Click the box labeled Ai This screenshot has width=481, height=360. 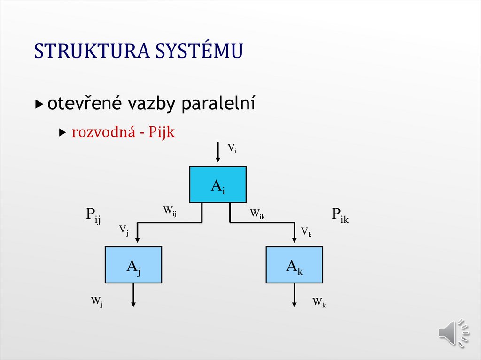pos(217,184)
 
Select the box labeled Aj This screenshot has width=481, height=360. pos(133,265)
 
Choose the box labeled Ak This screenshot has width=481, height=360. pos(294,265)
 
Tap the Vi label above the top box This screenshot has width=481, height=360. pos(232,149)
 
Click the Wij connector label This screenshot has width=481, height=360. pos(170,212)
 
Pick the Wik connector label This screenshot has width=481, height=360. pos(257,214)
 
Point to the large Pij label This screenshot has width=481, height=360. pos(93,215)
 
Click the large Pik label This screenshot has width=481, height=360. pos(340,215)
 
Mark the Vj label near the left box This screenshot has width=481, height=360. pos(124,230)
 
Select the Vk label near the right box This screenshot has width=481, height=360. pos(306,231)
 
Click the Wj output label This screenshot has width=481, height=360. pos(97,301)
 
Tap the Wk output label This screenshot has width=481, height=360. pos(319,302)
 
